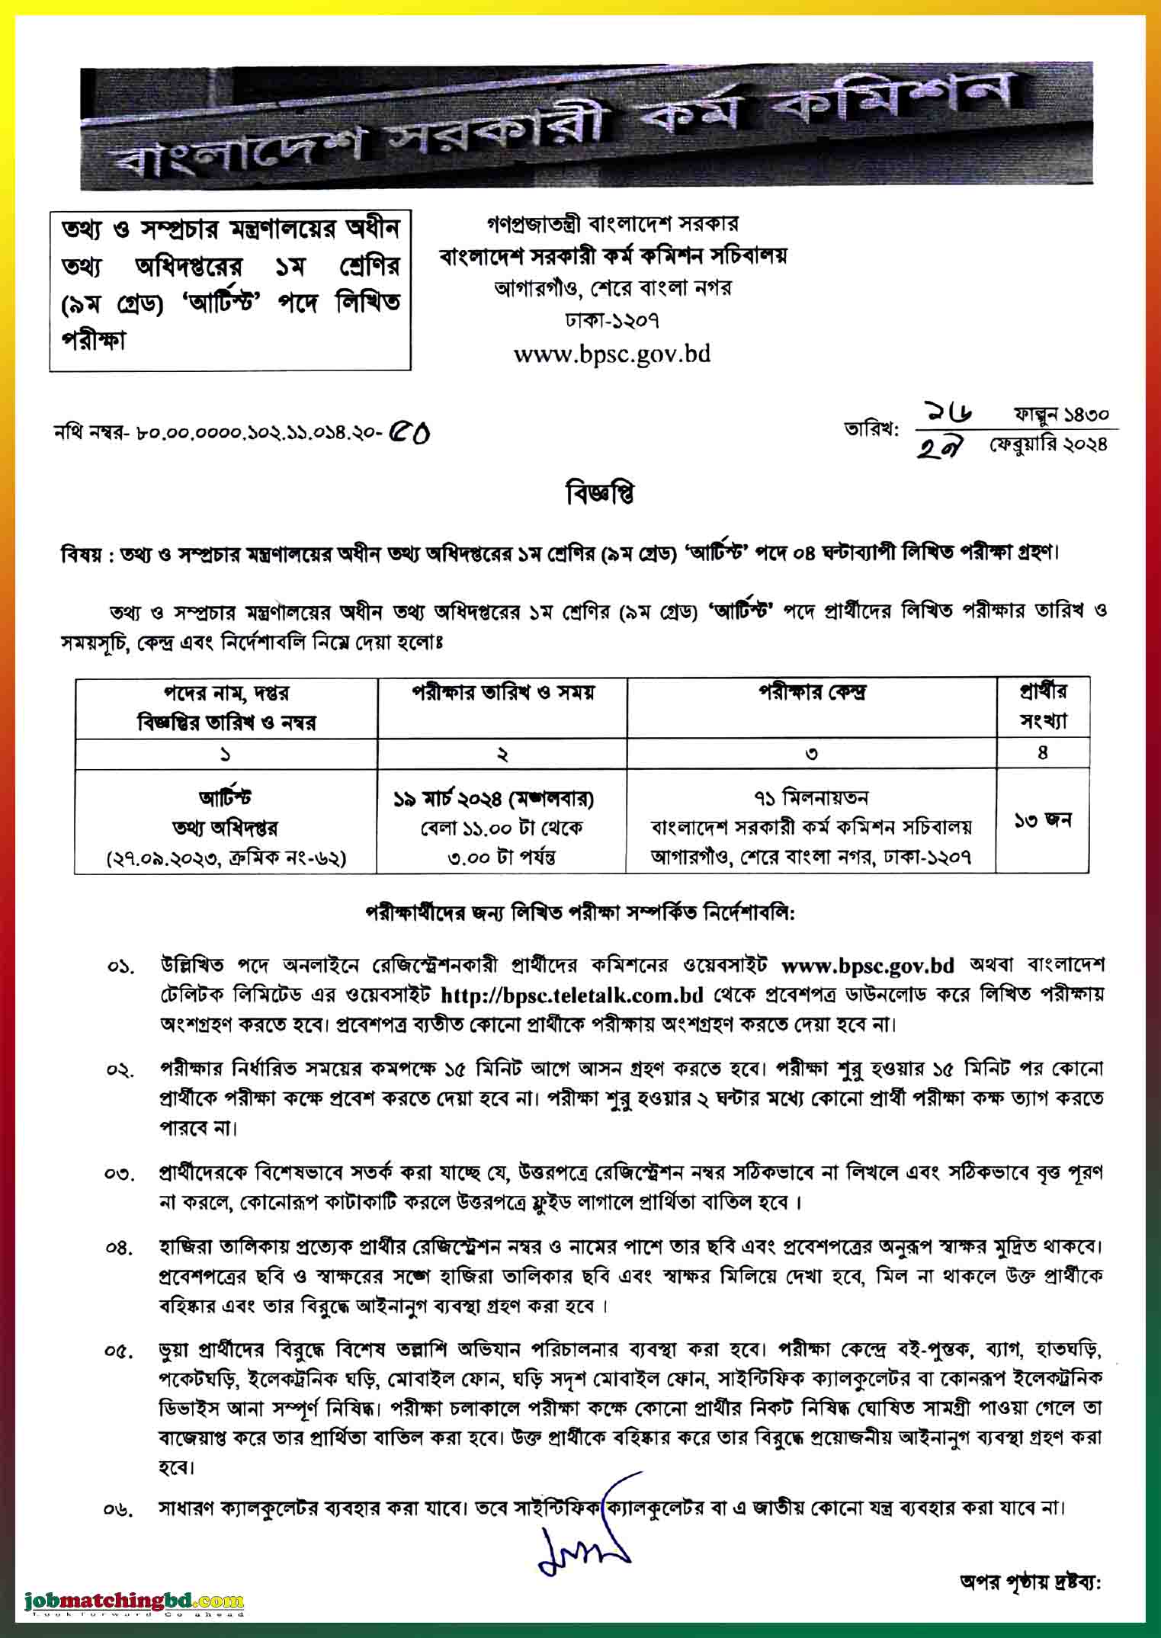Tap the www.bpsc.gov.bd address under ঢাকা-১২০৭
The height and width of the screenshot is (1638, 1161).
612,354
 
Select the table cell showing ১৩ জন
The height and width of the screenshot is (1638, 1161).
1043,820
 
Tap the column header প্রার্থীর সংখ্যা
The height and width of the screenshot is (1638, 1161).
1043,706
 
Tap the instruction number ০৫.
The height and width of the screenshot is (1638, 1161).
120,1351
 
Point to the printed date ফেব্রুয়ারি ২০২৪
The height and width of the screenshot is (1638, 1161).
1047,444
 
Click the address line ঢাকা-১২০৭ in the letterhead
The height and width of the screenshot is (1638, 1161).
612,320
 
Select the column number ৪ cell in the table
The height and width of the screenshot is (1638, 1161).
1043,753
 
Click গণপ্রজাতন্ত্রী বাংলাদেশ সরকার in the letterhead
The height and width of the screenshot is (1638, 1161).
612,224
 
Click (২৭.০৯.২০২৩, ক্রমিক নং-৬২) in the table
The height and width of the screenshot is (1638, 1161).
226,857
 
